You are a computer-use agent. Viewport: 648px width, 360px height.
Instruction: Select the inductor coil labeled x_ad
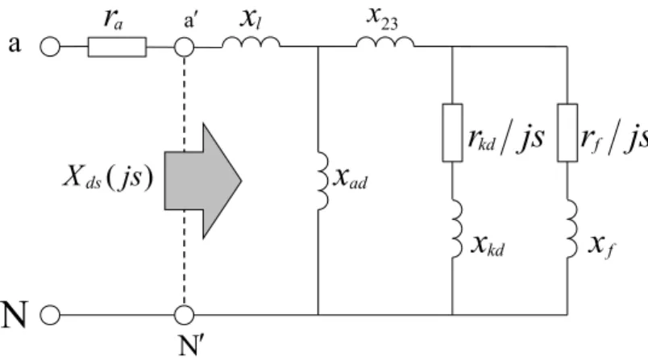pos(323,181)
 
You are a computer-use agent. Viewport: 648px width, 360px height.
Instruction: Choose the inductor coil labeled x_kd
pos(458,229)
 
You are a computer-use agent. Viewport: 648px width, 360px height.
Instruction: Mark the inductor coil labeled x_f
pos(572,229)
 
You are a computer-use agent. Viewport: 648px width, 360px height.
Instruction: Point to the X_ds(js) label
pos(108,177)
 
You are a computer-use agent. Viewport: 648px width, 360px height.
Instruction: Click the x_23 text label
pos(383,19)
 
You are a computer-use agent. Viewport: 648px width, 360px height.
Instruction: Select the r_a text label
pos(113,19)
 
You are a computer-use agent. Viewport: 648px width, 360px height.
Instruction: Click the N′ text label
pos(191,346)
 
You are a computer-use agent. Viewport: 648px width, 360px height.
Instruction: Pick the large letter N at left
pos(15,315)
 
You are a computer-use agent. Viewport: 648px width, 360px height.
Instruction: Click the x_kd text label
pos(488,246)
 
